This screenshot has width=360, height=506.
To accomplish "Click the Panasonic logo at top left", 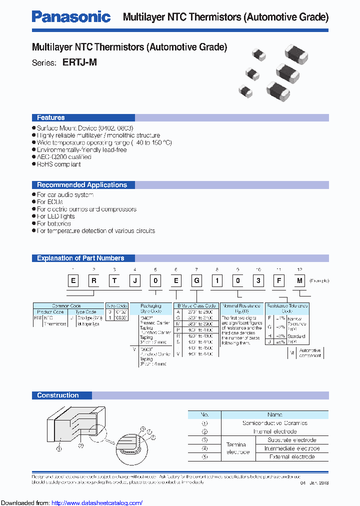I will tap(71, 17).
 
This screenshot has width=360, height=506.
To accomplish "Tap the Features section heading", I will tap(50, 118).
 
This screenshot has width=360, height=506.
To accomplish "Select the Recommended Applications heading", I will tap(82, 185).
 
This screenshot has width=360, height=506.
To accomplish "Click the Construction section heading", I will tap(58, 395).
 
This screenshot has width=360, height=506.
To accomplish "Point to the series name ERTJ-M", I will tap(79, 63).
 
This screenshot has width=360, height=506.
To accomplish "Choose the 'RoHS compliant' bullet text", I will tap(59, 164).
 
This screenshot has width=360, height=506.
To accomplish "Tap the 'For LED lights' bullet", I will tap(56, 216).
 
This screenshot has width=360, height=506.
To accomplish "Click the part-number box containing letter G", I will tap(197, 281).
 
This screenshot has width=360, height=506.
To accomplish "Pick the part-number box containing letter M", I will tap(299, 281).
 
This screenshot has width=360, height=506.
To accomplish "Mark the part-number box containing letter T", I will tap(114, 281).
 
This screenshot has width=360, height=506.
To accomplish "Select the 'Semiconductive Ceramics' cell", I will tap(274, 423).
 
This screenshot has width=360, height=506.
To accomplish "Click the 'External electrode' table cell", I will tap(291, 456).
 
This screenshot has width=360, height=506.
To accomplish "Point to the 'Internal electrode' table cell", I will tap(274, 431).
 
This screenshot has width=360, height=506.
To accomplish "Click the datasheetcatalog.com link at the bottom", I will tap(97, 503).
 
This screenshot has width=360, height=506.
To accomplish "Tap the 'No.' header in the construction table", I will tap(204, 414).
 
